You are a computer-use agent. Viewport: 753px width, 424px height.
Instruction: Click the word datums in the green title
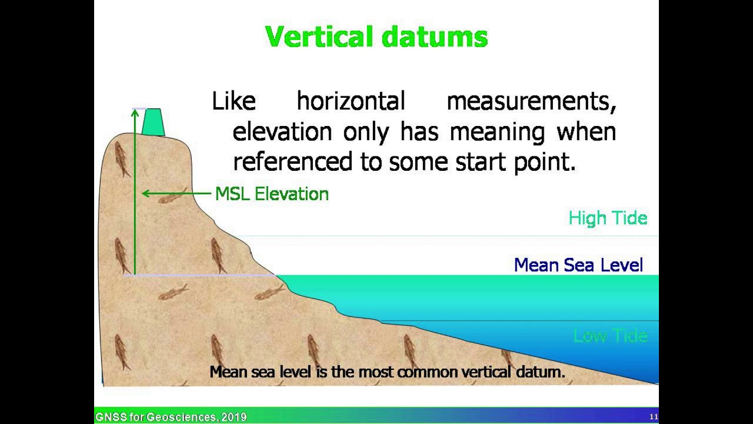point(435,37)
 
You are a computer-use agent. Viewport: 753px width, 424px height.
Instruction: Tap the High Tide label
point(608,218)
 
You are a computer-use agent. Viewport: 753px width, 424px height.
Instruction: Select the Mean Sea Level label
point(578,265)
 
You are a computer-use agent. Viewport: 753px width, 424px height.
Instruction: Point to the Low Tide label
point(611,336)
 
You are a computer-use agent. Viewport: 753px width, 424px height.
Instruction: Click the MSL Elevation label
point(272,194)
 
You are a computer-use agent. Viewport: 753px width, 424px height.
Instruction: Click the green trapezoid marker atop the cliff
point(153,122)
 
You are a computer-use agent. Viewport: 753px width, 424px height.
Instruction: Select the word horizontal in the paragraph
point(351,101)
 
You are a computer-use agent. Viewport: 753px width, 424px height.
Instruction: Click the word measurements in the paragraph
point(531,101)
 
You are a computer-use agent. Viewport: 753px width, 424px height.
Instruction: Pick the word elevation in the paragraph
point(282,131)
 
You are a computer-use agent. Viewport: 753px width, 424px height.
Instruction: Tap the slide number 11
point(654,417)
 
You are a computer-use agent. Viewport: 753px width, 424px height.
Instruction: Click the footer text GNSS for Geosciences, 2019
point(171,417)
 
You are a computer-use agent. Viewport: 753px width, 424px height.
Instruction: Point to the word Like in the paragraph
point(234,101)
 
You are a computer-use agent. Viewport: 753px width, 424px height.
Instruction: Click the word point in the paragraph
point(544,161)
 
